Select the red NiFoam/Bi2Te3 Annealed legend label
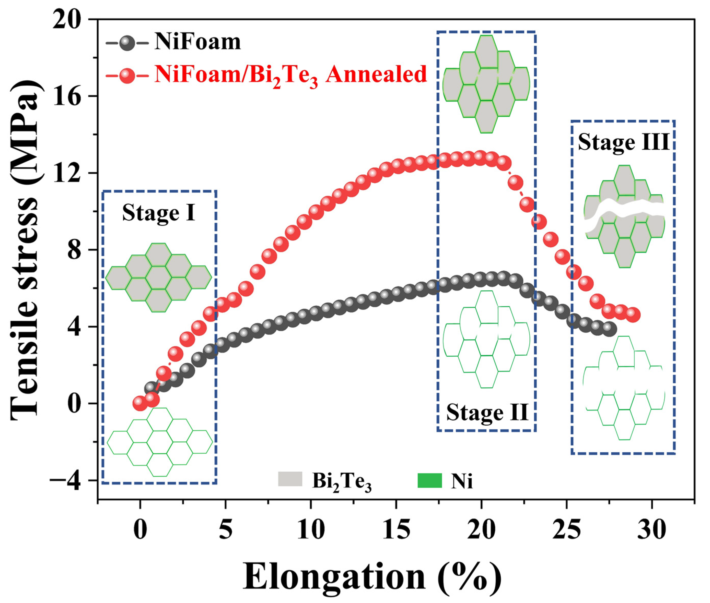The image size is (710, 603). click(x=291, y=75)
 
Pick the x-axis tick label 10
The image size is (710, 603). click(x=310, y=531)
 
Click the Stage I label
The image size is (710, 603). click(x=159, y=213)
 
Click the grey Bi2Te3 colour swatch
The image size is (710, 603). click(x=290, y=479)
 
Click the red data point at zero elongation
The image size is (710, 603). click(x=140, y=403)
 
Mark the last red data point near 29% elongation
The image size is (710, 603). click(x=633, y=315)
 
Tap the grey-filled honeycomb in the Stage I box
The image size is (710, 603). click(x=158, y=277)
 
